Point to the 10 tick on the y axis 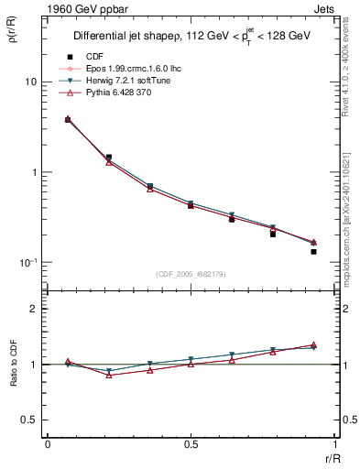pos(29,82)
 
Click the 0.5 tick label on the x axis pos(191,444)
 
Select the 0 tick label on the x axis pos(48,444)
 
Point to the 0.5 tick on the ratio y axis pos(30,420)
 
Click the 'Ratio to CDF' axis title pos(14,364)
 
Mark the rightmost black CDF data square pos(313,251)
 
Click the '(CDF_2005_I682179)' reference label pos(191,272)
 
